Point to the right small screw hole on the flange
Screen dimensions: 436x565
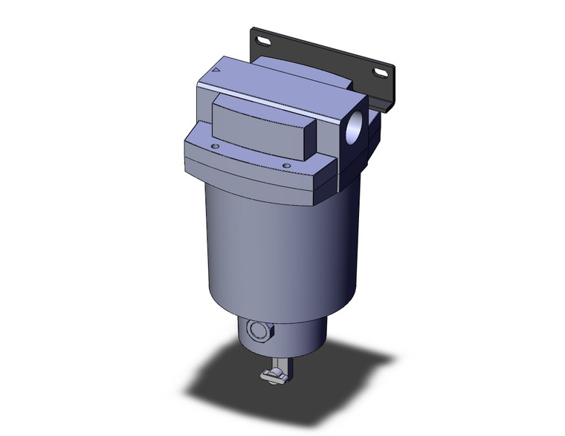[x=285, y=166]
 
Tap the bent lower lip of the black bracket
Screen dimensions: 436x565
[x=384, y=105]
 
